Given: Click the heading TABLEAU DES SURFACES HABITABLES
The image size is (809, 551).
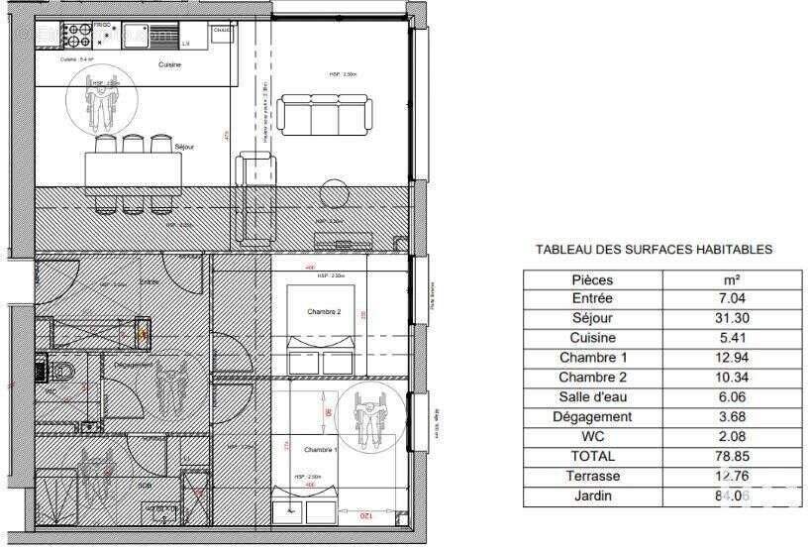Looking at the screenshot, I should [654, 251].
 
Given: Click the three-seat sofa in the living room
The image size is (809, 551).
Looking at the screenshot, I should [324, 115].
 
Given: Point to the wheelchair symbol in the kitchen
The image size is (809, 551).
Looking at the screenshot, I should [101, 102].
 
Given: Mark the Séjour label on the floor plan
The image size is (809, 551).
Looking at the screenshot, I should [183, 147].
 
